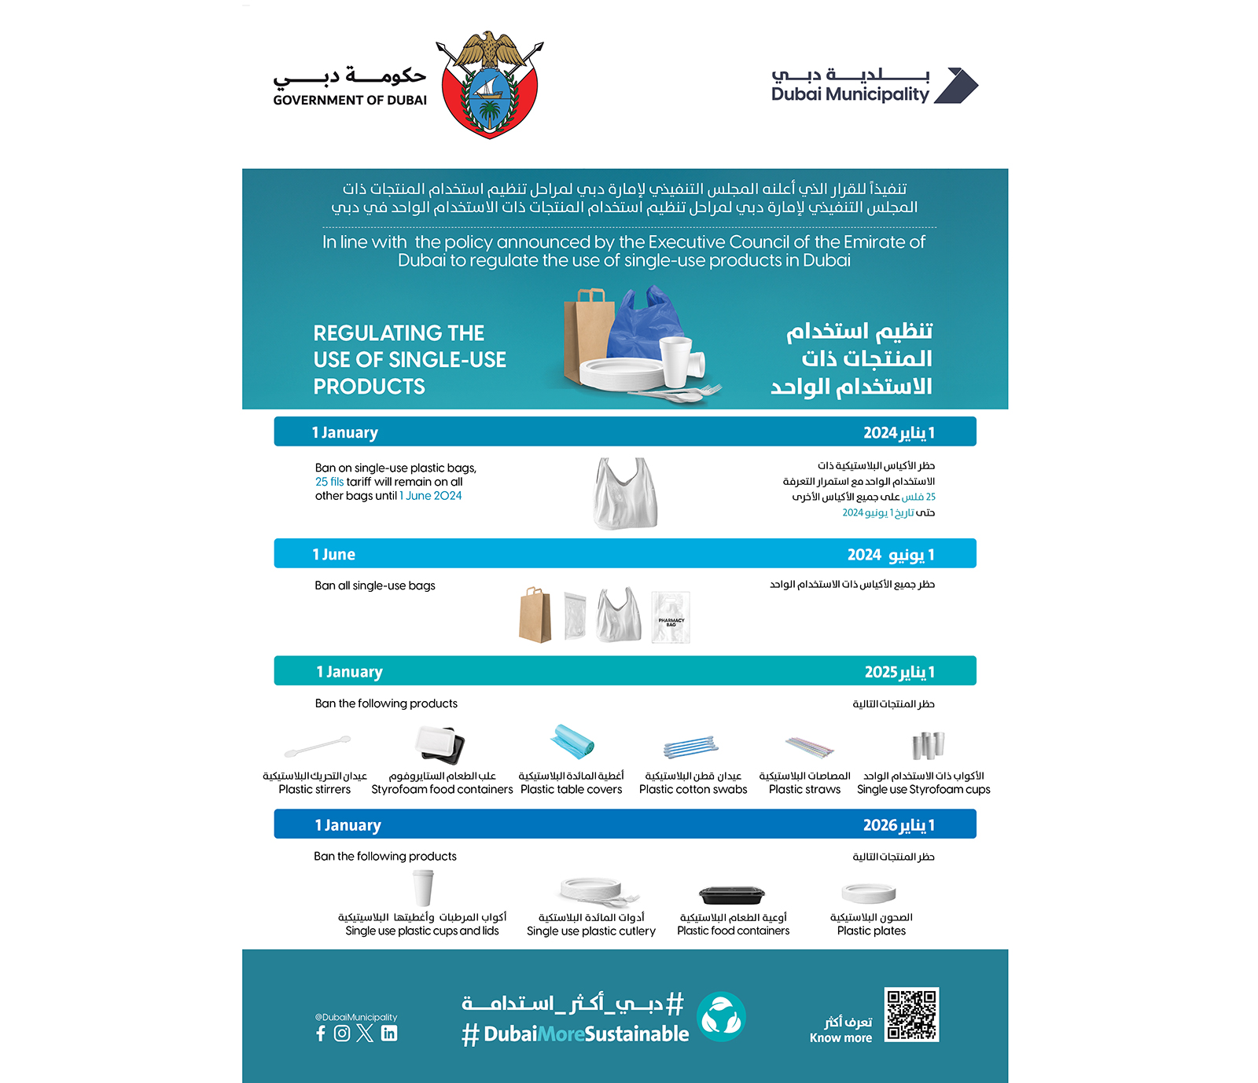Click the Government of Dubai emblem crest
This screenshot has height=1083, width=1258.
(x=491, y=85)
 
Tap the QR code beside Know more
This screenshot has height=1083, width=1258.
(x=911, y=1015)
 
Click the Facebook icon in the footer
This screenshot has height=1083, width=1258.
(x=321, y=1033)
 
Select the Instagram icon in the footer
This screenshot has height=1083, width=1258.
(x=342, y=1033)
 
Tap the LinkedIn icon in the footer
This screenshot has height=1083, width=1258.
(x=389, y=1033)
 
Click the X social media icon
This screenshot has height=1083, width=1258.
(x=365, y=1033)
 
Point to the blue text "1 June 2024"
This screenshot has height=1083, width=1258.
(x=431, y=496)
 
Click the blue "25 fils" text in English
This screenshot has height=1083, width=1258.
(x=329, y=482)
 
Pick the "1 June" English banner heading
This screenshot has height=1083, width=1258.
(x=334, y=555)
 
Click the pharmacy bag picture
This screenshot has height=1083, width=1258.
(x=671, y=618)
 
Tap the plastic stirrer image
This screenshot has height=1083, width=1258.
(x=317, y=745)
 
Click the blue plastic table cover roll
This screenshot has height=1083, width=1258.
(x=572, y=742)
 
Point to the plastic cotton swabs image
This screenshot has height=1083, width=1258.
(x=691, y=747)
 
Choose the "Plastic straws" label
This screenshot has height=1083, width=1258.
(x=804, y=790)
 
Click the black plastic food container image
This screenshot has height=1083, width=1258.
(x=732, y=894)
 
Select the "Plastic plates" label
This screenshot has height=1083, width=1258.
(x=871, y=931)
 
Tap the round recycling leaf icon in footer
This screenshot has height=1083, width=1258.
(x=721, y=1017)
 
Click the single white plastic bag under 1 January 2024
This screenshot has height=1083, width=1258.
(x=626, y=493)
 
